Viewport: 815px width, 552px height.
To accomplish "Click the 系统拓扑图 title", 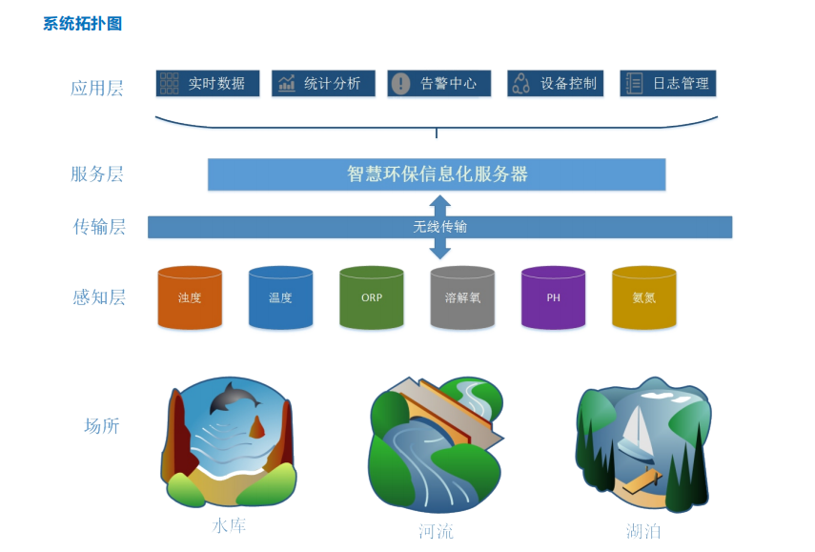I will point(82,24).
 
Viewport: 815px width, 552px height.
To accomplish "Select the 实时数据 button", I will point(208,84).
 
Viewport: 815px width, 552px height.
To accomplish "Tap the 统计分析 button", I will point(323,84).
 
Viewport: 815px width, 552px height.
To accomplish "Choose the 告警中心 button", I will point(438,84).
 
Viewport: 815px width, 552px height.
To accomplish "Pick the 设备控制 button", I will point(555,84).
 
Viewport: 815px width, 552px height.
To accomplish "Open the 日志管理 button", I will point(667,84).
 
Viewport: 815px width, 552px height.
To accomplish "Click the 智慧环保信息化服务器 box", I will point(437,174).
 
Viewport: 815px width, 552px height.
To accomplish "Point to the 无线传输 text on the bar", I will point(439,227).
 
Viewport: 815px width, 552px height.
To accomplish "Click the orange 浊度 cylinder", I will point(190,297).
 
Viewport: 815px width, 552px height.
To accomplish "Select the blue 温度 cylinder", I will point(280,297).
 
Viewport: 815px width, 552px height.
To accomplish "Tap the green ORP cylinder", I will point(372,297).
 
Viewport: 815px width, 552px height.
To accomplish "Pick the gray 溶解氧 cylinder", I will point(462,297).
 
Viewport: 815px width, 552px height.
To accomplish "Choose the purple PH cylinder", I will point(553,297).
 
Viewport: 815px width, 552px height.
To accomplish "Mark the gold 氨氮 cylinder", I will point(643,297).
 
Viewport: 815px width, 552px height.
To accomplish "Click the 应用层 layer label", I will point(97,89).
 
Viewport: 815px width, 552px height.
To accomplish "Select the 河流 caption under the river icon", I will point(436,531).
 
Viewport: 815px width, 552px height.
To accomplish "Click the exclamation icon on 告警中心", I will point(401,84).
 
